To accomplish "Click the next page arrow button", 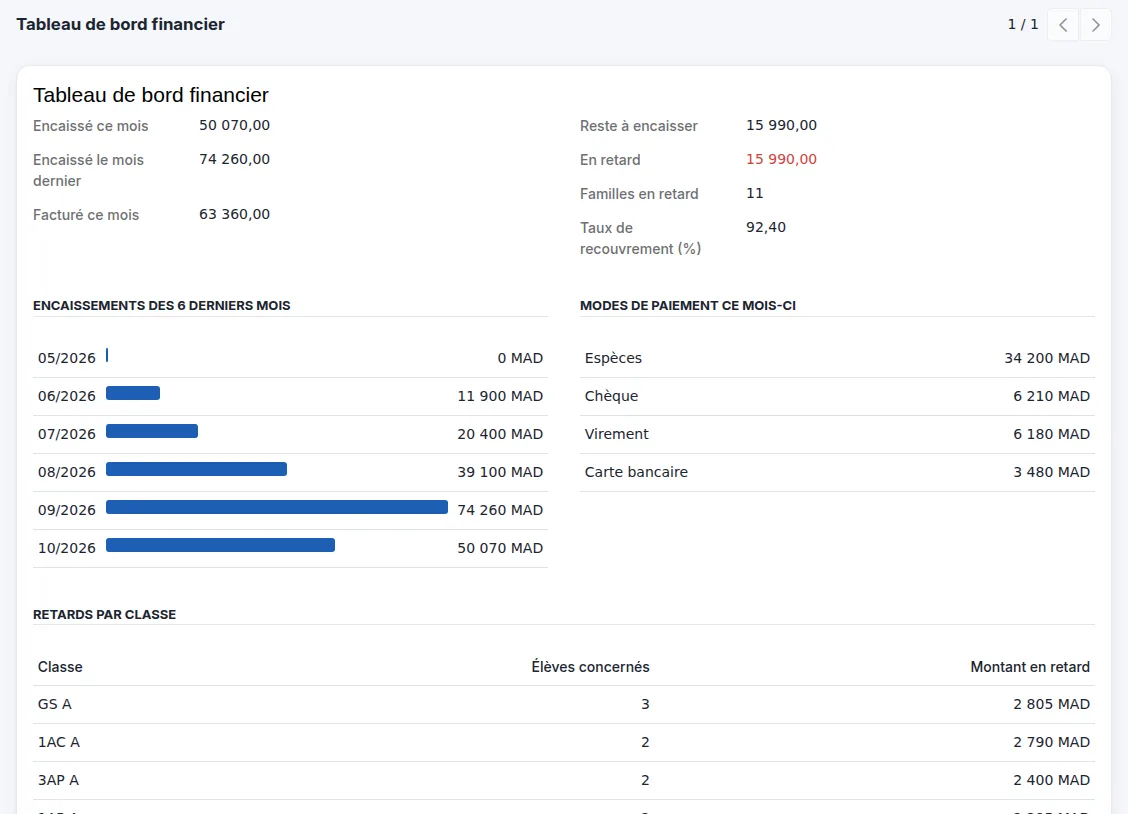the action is [x=1095, y=25].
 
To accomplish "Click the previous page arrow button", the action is [x=1063, y=25].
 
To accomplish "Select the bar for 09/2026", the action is [x=277, y=507].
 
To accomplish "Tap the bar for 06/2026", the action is [x=133, y=393].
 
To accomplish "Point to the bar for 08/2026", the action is [x=196, y=469].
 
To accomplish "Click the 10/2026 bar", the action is [x=220, y=545].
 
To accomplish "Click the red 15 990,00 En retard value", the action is [x=781, y=159].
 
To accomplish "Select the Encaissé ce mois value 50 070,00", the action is [x=235, y=125].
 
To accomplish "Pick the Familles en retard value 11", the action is [x=755, y=193].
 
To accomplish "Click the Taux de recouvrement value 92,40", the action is [x=766, y=227].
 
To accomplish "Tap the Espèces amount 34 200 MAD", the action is [x=1047, y=358].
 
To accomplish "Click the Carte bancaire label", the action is [x=636, y=472].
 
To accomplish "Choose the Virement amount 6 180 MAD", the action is [x=1051, y=434].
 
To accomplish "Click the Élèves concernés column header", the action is [x=591, y=667].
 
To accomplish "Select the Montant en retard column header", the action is [x=1030, y=667].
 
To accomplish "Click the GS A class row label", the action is [x=55, y=704].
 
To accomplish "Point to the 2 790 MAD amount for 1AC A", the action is [x=1051, y=742].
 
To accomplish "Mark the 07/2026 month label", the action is [x=67, y=434].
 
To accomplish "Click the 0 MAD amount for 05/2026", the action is [x=520, y=358].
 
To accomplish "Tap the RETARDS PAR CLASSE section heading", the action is [x=104, y=615].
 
